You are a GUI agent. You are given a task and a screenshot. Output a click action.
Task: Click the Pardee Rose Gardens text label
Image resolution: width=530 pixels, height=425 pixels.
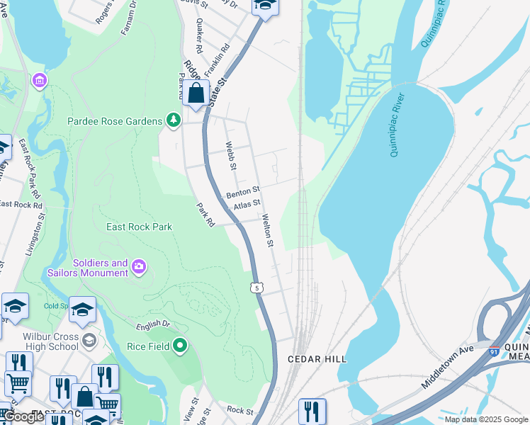click(x=115, y=121)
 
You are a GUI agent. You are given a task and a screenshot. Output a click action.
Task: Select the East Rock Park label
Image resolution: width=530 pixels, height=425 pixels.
click(x=139, y=227)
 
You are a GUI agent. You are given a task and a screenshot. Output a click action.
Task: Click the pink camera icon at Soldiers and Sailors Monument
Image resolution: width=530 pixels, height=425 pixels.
click(x=139, y=266)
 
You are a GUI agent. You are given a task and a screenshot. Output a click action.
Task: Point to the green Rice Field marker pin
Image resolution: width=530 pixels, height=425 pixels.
click(x=180, y=346)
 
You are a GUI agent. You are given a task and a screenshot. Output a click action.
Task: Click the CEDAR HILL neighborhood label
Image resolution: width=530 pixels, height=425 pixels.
click(x=317, y=359)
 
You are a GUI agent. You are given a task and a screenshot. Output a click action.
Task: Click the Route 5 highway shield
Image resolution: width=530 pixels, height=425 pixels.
click(x=257, y=287)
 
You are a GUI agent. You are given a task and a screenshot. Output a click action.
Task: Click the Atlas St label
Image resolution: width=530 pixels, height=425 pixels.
click(x=247, y=205)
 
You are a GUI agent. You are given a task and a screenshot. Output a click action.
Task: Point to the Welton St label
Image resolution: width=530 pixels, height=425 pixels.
click(x=267, y=231)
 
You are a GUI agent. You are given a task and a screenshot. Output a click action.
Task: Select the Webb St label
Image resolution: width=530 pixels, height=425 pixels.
click(x=230, y=156)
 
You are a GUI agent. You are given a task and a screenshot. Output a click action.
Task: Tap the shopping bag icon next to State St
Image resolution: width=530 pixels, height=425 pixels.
click(x=196, y=93)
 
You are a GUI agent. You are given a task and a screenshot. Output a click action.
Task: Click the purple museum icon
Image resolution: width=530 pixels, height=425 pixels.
click(x=38, y=81)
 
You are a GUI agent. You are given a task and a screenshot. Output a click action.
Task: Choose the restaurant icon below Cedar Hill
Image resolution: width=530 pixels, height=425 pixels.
click(x=312, y=410)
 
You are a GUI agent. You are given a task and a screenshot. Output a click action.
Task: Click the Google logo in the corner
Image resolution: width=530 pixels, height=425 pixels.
click(x=23, y=417)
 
